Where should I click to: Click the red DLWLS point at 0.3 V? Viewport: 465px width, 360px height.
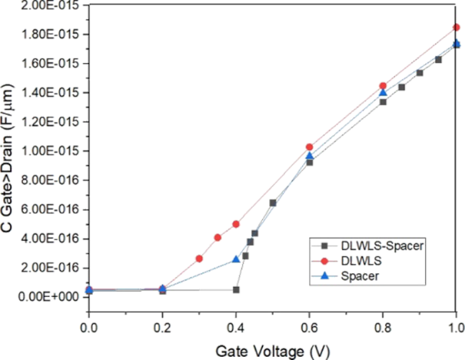(199, 258)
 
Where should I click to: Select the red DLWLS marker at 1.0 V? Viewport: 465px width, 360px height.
(457, 27)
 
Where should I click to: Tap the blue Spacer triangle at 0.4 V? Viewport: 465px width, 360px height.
(236, 259)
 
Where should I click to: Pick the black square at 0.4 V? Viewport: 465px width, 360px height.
(236, 289)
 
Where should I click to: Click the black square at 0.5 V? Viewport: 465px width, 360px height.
(273, 203)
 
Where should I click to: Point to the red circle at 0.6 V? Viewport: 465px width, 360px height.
(310, 147)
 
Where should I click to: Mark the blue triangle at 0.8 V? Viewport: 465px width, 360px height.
(383, 92)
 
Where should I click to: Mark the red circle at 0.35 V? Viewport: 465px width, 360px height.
(218, 238)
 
